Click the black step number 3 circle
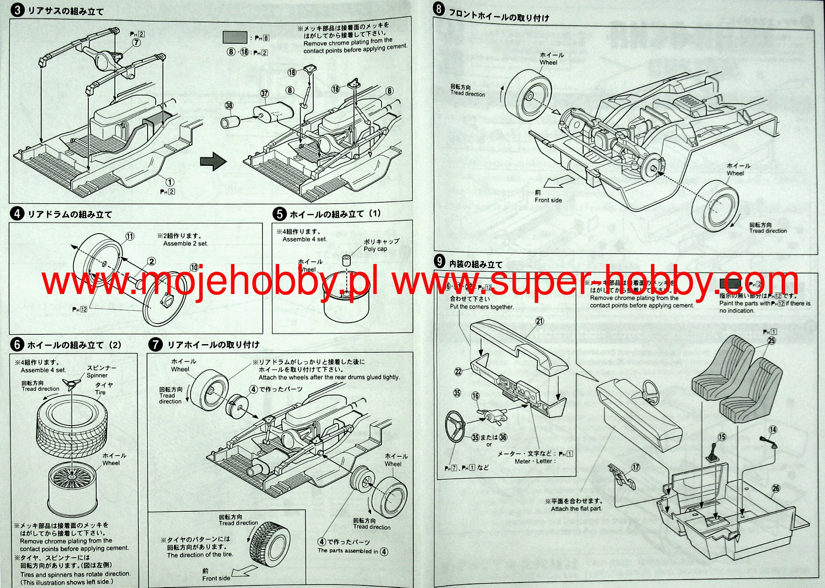(x=17, y=10)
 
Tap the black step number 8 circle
(x=439, y=9)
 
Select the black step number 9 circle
(x=440, y=261)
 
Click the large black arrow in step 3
(x=213, y=162)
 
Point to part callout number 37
(x=265, y=93)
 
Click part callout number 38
(x=229, y=105)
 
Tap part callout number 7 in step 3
(x=136, y=42)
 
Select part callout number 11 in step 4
(x=130, y=236)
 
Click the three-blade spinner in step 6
(x=72, y=384)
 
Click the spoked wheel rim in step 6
(x=72, y=489)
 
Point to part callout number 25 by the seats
(x=771, y=341)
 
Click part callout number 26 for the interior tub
(x=776, y=488)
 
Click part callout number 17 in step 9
(x=635, y=467)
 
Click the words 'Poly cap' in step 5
(x=375, y=249)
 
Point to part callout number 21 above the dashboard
(x=539, y=321)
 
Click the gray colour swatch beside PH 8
(x=235, y=37)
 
